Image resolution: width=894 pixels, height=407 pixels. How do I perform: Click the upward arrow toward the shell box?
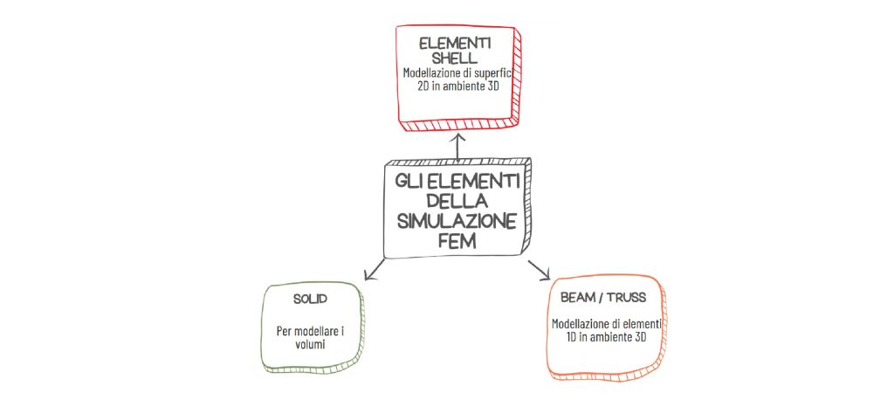click(457, 147)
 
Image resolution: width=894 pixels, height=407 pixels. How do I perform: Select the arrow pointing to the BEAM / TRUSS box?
click(538, 270)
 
